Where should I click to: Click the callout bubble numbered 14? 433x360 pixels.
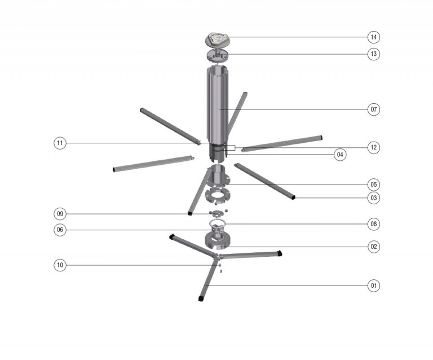click(x=373, y=37)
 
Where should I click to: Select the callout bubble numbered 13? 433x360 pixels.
click(x=373, y=54)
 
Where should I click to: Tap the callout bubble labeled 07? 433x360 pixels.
click(x=373, y=109)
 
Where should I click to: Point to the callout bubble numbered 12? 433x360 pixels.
click(x=373, y=147)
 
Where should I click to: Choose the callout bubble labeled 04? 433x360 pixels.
click(x=340, y=154)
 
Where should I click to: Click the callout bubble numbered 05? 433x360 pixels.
click(x=373, y=185)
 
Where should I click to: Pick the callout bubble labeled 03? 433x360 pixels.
click(x=373, y=198)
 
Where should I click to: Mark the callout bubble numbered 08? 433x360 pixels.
click(x=373, y=224)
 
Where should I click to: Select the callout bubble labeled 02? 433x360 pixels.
click(x=373, y=247)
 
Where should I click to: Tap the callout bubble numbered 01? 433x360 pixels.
click(x=373, y=286)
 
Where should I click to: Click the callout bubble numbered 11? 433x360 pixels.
click(x=60, y=143)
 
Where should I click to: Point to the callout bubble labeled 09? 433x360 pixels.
click(x=60, y=214)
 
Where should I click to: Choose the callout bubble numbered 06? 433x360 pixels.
click(x=60, y=230)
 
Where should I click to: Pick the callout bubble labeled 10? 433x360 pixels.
click(x=60, y=265)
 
